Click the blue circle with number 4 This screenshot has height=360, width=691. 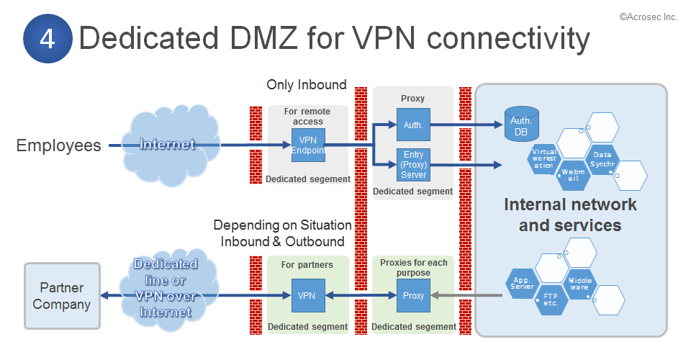coord(48,39)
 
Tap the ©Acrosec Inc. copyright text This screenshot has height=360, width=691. coord(648,17)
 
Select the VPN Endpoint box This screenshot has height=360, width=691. coord(308,145)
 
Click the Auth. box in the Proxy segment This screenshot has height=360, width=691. coord(413,125)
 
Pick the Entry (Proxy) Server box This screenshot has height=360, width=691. coord(413,165)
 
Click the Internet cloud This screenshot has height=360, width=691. coord(168,145)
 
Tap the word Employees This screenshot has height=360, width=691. coord(58,145)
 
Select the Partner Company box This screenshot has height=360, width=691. coord(62,296)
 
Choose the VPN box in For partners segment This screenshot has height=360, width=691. coord(308,295)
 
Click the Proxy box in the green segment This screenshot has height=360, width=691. coord(413,295)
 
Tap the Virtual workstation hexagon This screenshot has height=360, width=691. coord(545,158)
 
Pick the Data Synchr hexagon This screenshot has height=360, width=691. coord(602,158)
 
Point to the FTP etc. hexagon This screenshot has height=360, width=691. coord(551,298)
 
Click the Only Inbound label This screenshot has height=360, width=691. coord(307,85)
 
